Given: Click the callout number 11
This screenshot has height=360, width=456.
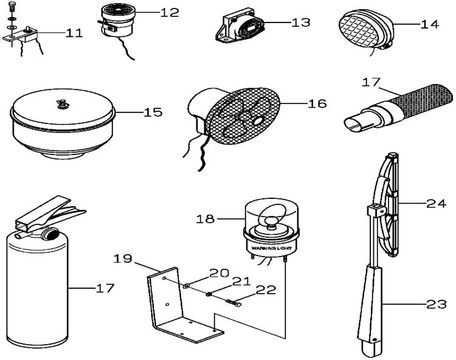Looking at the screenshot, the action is coord(74,33).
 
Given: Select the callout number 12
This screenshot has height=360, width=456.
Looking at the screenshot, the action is coord(170,13).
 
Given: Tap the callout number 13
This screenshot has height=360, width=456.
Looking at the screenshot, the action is coord(301,22).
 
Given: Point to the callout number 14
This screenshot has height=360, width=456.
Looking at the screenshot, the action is coord(430,24).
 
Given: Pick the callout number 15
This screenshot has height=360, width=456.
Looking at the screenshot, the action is coord(153,112).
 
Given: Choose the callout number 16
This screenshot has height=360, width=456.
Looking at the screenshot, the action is coord(317,103).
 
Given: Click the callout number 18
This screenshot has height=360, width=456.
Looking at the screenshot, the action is coord(206,219).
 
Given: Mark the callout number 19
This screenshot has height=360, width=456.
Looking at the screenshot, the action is coord(123,258).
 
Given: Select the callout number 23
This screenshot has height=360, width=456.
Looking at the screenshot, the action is coord(436,305).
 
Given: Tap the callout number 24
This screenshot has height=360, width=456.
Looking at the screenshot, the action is coord(436,204).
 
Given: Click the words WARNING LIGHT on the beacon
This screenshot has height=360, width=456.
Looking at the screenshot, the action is coord(271,248).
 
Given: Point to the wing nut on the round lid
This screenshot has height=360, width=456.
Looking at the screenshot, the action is coord(61,103).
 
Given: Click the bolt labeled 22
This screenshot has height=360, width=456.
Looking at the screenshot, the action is coord(233,303).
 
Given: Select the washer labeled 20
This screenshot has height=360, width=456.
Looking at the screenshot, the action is coord(185,286).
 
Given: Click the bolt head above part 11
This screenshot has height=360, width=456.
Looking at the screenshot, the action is coord(11,5).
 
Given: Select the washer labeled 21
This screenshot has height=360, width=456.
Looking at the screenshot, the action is coord(209,295).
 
